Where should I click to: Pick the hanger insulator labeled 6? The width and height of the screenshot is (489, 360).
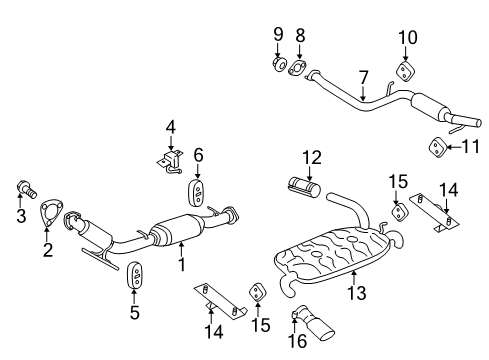(x=198, y=191)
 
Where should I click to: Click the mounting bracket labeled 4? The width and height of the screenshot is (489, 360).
(x=169, y=160)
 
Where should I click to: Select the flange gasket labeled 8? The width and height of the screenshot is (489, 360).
(x=297, y=68)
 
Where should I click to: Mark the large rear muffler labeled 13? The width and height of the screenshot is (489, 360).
(x=345, y=257)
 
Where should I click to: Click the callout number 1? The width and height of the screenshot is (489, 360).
(x=181, y=264)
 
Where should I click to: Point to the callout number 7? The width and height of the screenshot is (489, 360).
(x=365, y=75)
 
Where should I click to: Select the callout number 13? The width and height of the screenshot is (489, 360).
(x=357, y=293)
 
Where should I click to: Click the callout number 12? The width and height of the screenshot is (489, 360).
(x=311, y=156)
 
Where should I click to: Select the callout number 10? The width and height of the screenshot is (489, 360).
(x=407, y=38)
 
